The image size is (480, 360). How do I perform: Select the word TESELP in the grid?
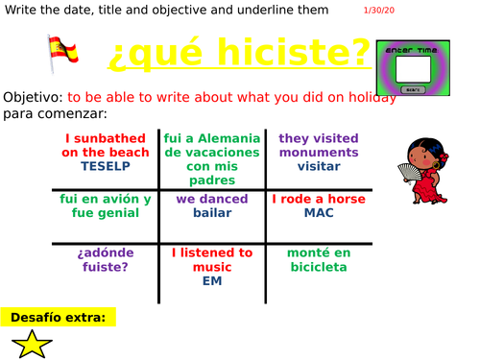tap(105, 165)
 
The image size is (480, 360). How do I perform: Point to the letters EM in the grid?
tap(212, 280)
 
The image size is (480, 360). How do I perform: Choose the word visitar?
tap(318, 165)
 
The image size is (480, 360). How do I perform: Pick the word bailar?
tap(212, 213)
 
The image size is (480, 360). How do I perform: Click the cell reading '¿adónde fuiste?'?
tap(106, 260)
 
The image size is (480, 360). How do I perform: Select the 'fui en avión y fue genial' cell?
tap(106, 205)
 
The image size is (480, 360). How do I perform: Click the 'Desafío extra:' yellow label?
tap(59, 317)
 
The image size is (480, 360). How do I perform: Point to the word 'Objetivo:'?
tap(33, 98)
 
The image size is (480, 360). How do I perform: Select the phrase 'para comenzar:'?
tap(46, 114)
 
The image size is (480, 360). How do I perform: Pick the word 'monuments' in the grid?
tap(319, 152)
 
